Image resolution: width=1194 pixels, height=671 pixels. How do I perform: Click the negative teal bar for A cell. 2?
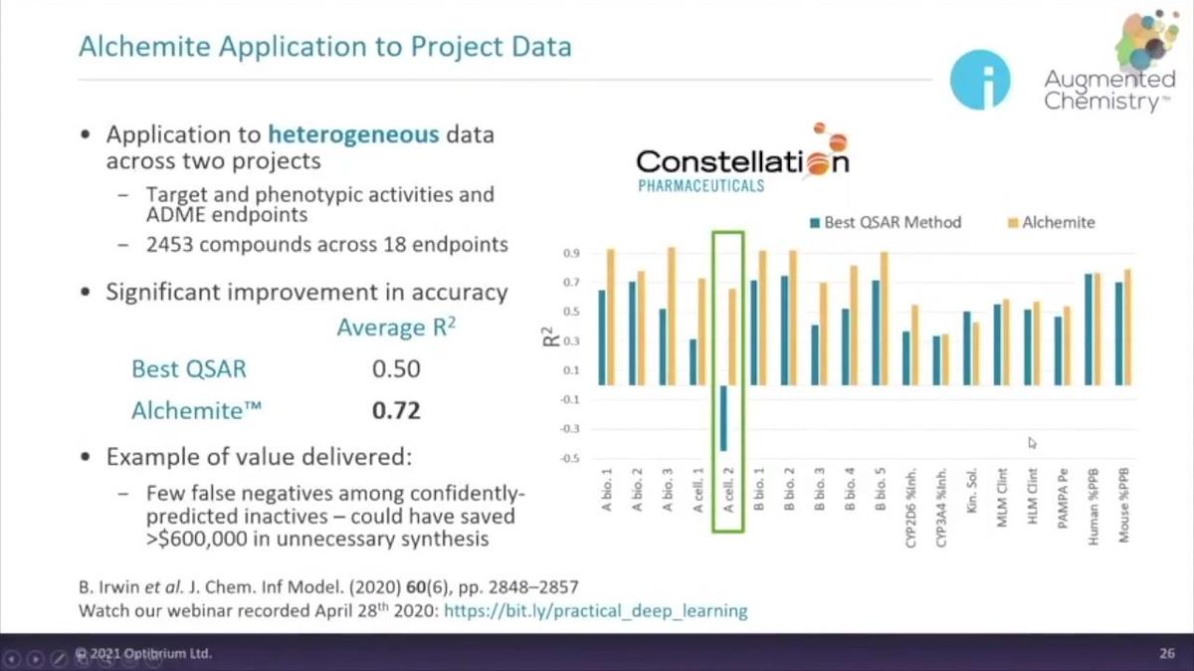723,418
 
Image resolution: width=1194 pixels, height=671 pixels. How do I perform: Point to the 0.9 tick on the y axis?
571,254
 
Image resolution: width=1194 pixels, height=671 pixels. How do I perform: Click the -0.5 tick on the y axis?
569,459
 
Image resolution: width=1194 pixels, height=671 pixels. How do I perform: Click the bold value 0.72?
396,410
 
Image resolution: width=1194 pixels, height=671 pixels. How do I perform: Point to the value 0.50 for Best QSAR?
396,369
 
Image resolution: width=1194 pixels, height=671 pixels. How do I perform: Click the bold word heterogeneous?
353,133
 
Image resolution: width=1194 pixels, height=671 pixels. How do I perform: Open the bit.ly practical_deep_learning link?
595,610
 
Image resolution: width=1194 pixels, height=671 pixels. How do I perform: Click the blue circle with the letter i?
980,80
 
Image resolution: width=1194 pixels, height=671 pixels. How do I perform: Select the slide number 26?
1167,654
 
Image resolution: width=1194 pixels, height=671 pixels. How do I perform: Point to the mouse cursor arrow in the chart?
1032,442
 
